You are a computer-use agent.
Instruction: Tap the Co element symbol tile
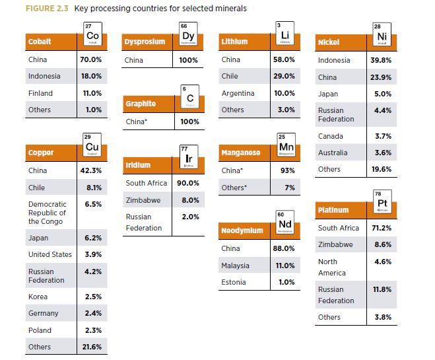[x=92, y=36]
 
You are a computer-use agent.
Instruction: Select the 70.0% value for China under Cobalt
[x=90, y=60]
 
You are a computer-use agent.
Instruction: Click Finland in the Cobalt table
[x=40, y=93]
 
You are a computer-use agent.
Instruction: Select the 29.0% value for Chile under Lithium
[x=284, y=77]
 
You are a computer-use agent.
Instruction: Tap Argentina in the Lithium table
[x=238, y=93]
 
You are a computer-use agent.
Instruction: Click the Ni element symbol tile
[x=381, y=37]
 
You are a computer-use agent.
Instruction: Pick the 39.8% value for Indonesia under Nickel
[x=381, y=60]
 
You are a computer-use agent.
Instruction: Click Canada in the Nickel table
[x=331, y=136]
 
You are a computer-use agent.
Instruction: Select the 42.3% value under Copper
[x=90, y=170]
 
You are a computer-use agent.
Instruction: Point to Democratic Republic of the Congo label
[x=48, y=213]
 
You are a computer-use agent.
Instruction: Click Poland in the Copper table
[x=39, y=330]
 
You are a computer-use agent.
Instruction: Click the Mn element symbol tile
[x=286, y=147]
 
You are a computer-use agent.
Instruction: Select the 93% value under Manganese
[x=288, y=170]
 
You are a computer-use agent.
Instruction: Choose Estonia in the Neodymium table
[x=234, y=282]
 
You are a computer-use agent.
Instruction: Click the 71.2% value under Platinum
[x=382, y=228]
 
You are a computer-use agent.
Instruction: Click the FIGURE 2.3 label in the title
[x=48, y=9]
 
